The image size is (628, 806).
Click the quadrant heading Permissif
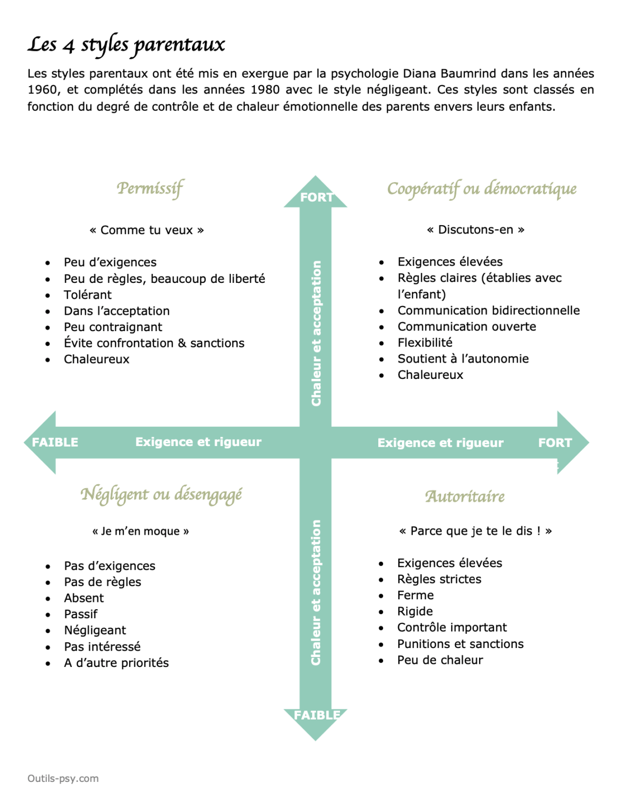point(150,188)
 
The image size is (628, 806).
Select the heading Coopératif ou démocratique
point(482,189)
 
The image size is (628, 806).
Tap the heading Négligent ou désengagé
point(161,495)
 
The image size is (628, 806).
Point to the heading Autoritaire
point(465,496)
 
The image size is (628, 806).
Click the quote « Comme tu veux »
point(146,230)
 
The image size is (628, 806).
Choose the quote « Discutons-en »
point(475,230)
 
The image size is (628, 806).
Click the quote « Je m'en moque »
point(141,532)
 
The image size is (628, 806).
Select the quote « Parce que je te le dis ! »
point(475,531)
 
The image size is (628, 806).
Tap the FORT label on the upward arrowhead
point(316,198)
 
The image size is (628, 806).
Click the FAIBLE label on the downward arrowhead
point(317,715)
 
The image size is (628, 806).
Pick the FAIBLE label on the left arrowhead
point(55,442)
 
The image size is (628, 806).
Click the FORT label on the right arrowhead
point(555,443)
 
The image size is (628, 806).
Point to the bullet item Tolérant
point(88,295)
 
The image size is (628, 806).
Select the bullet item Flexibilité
point(424,343)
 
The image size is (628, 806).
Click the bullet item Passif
point(81,614)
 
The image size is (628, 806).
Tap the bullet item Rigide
point(414,611)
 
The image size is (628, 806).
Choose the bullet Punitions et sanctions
point(460,644)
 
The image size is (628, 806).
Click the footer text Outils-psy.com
point(63,779)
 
